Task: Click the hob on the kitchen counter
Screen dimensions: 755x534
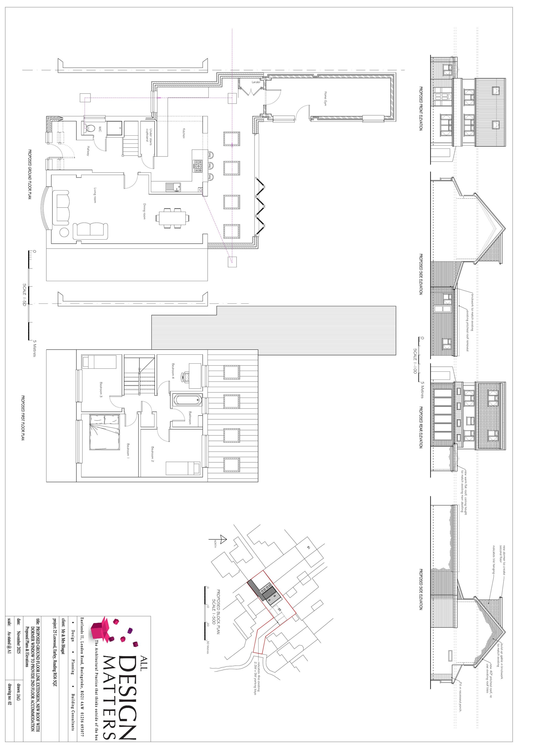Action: (x=199, y=166)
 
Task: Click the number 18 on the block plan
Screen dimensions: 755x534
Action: (x=308, y=547)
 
